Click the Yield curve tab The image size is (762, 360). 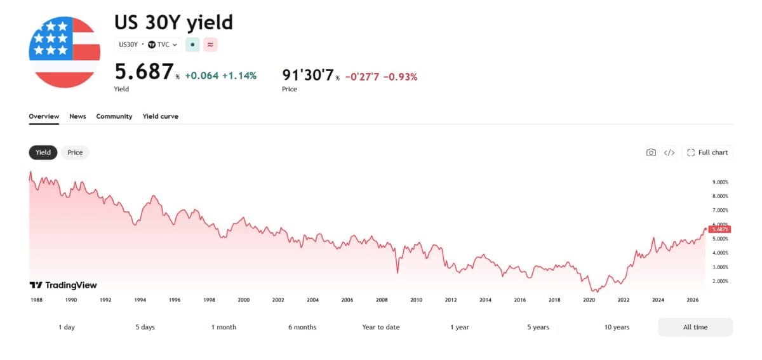click(x=160, y=116)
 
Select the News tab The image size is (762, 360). click(x=77, y=116)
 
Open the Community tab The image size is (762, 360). click(x=114, y=116)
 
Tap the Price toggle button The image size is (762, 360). click(x=75, y=152)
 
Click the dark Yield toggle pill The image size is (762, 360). click(x=43, y=152)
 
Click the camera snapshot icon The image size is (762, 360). click(x=651, y=152)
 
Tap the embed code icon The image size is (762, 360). click(x=669, y=152)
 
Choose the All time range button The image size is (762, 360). click(x=695, y=327)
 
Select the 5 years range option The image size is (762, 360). click(x=538, y=327)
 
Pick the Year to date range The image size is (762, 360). click(x=380, y=327)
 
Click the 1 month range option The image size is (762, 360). click(x=224, y=327)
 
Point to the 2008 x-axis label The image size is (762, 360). click(x=382, y=300)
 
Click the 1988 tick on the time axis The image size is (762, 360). click(x=36, y=300)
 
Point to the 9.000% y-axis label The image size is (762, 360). click(x=721, y=182)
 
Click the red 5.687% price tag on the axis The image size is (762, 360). click(x=720, y=229)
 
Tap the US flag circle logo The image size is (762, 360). click(x=65, y=52)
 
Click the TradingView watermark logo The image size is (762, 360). click(x=63, y=285)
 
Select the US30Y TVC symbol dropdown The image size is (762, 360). click(x=148, y=44)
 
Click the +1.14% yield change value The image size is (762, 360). click(x=239, y=76)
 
